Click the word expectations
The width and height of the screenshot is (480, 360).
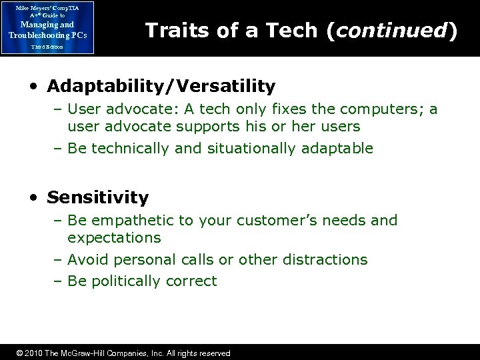click(114, 237)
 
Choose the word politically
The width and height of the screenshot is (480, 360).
click(125, 281)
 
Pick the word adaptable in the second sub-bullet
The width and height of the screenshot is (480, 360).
click(337, 148)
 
